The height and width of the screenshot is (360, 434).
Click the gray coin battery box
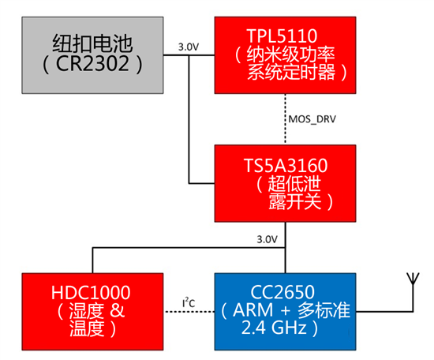[x=92, y=55]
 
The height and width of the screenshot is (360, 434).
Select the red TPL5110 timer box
[x=285, y=55]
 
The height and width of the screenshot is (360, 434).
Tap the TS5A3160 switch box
[x=285, y=183]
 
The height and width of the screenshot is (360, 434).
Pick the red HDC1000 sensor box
[x=92, y=312]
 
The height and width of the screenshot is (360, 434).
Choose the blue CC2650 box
[x=285, y=312]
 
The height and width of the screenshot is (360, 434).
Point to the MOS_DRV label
[x=312, y=119]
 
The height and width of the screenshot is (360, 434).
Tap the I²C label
[x=189, y=302]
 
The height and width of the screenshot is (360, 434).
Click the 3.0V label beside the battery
[x=189, y=47]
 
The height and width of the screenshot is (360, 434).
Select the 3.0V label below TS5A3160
[x=267, y=239]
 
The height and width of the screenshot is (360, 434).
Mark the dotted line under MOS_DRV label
[x=285, y=119]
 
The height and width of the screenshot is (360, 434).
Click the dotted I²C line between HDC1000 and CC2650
[x=189, y=312]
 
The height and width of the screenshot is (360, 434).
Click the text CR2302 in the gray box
[x=92, y=64]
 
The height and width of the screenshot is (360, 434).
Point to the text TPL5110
[x=282, y=36]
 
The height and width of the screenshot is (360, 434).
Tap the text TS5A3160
[x=286, y=165]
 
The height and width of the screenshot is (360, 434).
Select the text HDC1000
[x=91, y=292]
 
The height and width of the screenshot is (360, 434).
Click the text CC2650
[x=282, y=292]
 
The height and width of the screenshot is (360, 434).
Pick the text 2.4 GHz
[x=274, y=328]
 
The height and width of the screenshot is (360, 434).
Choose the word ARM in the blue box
[x=253, y=309]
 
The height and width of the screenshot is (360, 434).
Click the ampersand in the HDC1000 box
[x=118, y=310]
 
